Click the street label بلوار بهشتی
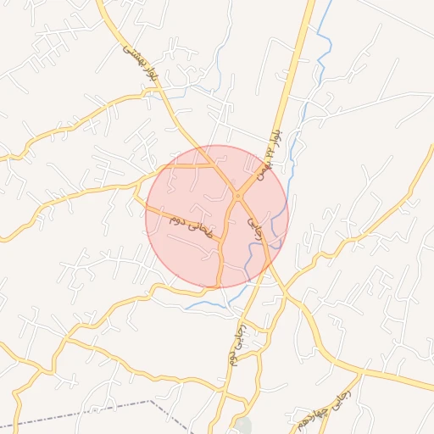click(136, 59)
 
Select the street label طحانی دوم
click(192, 225)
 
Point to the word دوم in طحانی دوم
click(177, 220)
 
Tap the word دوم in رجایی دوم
click(231, 357)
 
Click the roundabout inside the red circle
click(238, 197)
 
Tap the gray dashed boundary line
click(85, 412)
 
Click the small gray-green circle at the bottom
click(244, 426)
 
